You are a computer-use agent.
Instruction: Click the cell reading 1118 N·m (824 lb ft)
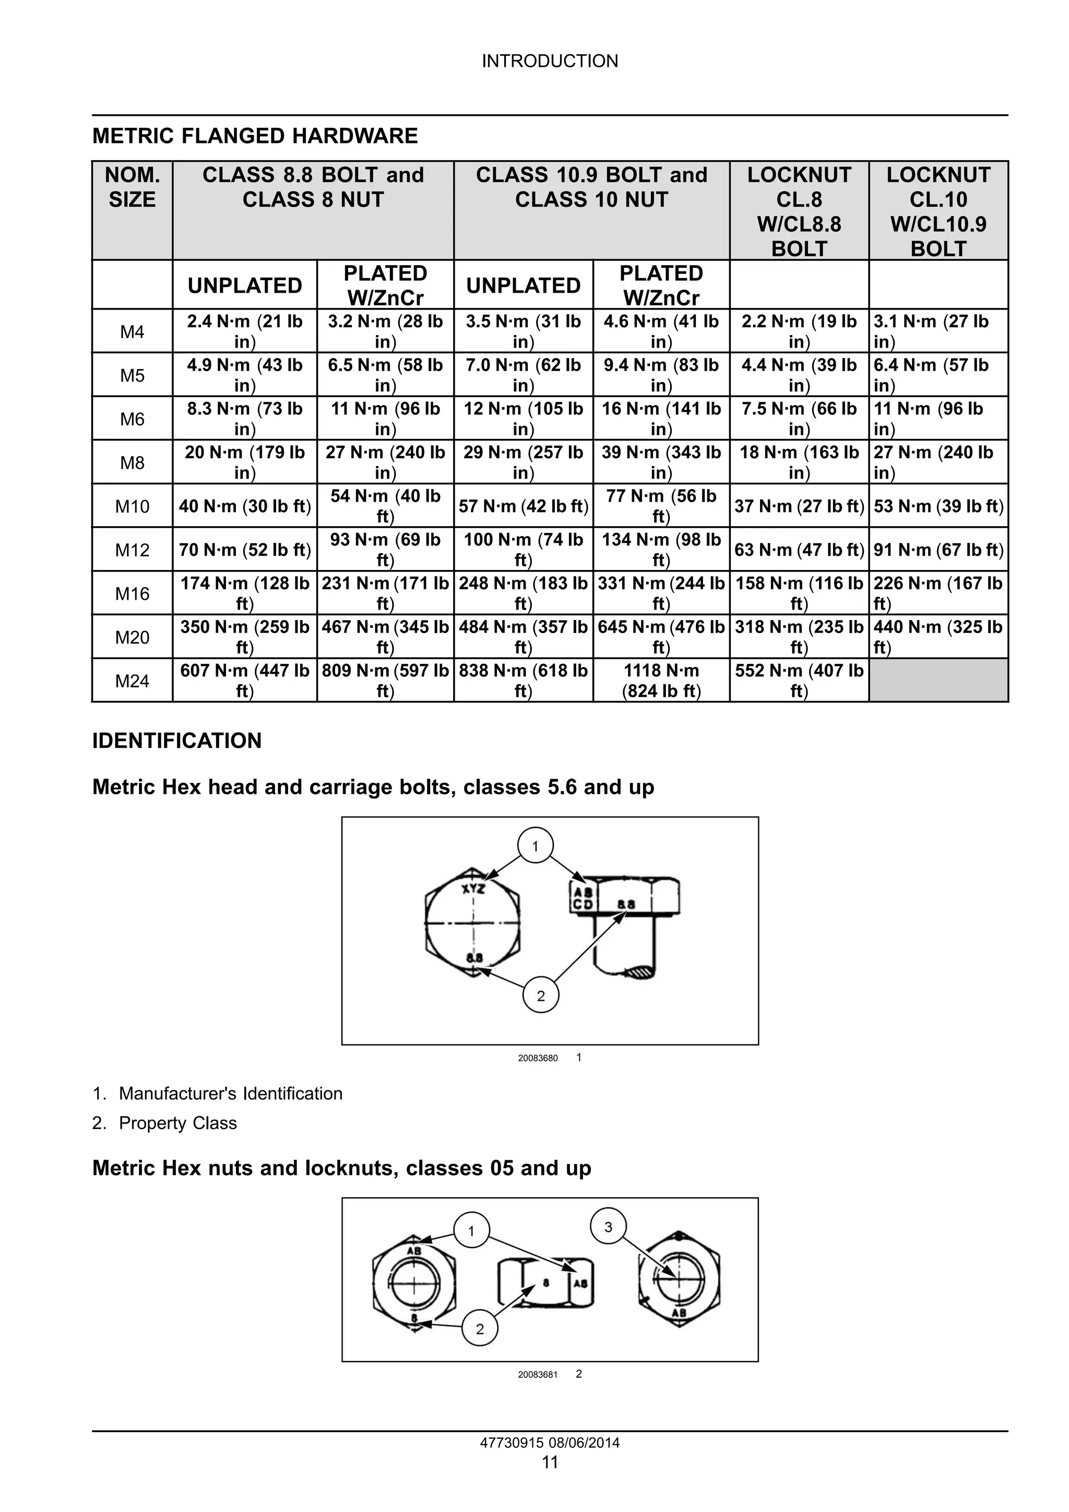(661, 681)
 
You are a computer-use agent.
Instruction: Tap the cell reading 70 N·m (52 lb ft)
(244, 550)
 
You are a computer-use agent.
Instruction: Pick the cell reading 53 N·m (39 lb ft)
(938, 506)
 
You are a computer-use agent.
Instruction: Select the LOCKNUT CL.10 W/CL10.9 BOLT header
(938, 211)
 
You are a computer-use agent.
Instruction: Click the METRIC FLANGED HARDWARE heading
(255, 136)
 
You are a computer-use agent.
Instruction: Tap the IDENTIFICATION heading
(176, 741)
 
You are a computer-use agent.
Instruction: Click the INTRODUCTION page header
(550, 61)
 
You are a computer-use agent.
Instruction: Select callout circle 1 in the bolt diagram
(535, 846)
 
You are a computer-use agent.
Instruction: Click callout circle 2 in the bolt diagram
(541, 996)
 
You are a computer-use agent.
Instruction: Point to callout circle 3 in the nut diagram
(608, 1227)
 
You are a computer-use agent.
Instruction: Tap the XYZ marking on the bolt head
(473, 889)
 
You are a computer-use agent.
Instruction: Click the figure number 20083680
(538, 1058)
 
